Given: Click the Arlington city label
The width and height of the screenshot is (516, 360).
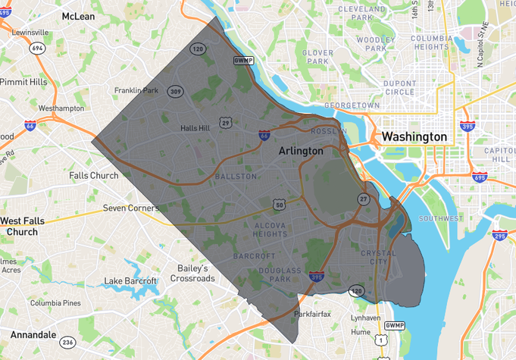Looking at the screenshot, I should tap(301, 151).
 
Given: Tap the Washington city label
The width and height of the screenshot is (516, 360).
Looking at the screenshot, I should tap(414, 137).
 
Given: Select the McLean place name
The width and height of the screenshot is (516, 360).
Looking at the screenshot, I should tap(78, 16).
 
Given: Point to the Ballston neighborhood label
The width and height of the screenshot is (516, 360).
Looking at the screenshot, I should tap(231, 176).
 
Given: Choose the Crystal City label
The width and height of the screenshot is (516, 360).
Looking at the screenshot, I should tap(378, 258).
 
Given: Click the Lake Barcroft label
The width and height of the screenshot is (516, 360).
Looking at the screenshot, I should tap(130, 281).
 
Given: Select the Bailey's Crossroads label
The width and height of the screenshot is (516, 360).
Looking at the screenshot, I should tap(192, 274).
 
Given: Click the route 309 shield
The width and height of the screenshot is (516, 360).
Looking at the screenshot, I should tap(176, 91).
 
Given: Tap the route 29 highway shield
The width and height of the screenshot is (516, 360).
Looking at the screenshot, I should tap(226, 122).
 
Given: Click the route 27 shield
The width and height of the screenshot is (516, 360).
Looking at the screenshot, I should tap(364, 199).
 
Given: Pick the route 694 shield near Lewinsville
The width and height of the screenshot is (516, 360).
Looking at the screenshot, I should tap(36, 48).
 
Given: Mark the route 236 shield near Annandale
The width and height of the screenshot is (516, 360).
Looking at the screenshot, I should tap(67, 342).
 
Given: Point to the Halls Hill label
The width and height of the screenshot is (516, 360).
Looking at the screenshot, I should tap(195, 128).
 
